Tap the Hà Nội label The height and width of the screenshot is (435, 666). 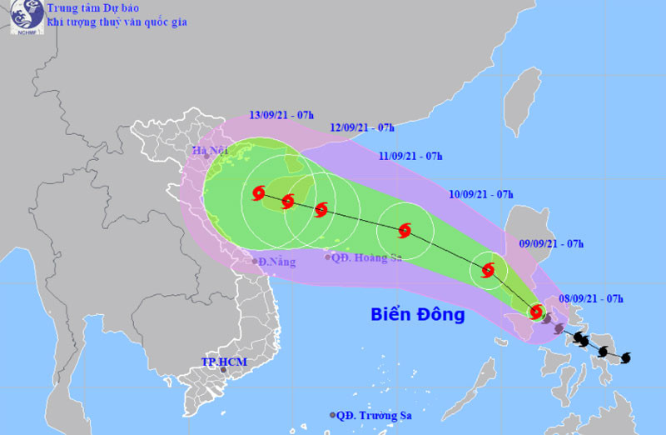pyautogui.click(x=210, y=151)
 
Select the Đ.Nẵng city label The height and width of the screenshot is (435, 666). pyautogui.click(x=277, y=262)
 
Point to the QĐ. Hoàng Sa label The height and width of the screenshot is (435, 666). pyautogui.click(x=367, y=257)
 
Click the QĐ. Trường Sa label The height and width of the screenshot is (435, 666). pyautogui.click(x=375, y=414)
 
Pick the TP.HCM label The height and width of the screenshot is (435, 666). pyautogui.click(x=225, y=362)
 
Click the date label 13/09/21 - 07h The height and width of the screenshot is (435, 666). pyautogui.click(x=281, y=116)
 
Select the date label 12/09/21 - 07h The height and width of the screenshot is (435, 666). pyautogui.click(x=362, y=127)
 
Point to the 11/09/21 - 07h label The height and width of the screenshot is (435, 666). pyautogui.click(x=410, y=156)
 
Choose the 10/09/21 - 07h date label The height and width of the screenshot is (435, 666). pyautogui.click(x=480, y=194)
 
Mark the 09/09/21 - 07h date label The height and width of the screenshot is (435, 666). pyautogui.click(x=551, y=243)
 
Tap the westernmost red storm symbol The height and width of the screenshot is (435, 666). pyautogui.click(x=257, y=194)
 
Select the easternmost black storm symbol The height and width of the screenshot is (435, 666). pyautogui.click(x=626, y=357)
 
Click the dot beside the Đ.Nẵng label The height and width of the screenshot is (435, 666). pyautogui.click(x=255, y=262)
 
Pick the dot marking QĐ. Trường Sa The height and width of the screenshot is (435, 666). pyautogui.click(x=333, y=414)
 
